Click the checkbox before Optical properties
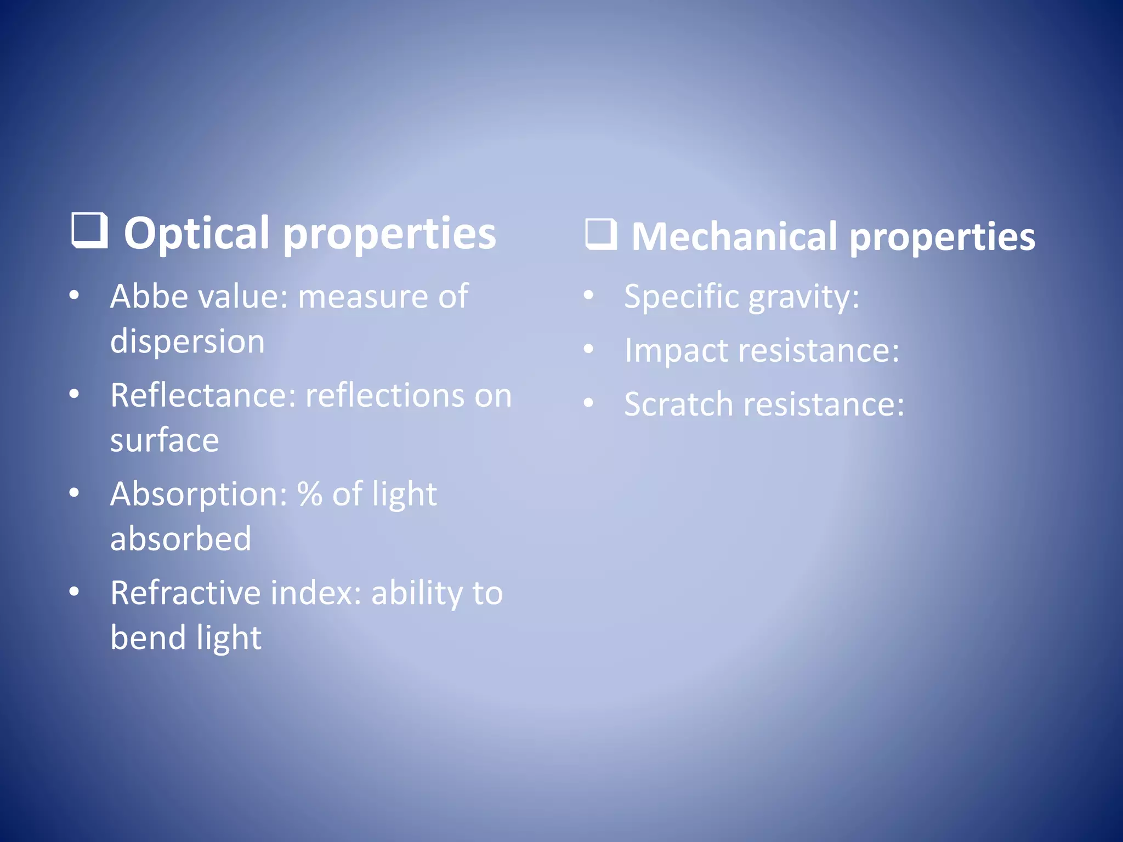pyautogui.click(x=89, y=231)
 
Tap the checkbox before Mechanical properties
pyautogui.click(x=601, y=235)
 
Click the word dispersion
pyautogui.click(x=188, y=342)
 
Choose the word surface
pyautogui.click(x=165, y=440)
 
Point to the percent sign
pyautogui.click(x=310, y=493)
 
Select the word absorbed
pyautogui.click(x=180, y=539)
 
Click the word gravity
pyautogui.click(x=803, y=298)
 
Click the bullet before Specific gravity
pyautogui.click(x=588, y=296)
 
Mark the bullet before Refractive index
pyautogui.click(x=75, y=592)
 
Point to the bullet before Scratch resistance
pyautogui.click(x=588, y=403)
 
